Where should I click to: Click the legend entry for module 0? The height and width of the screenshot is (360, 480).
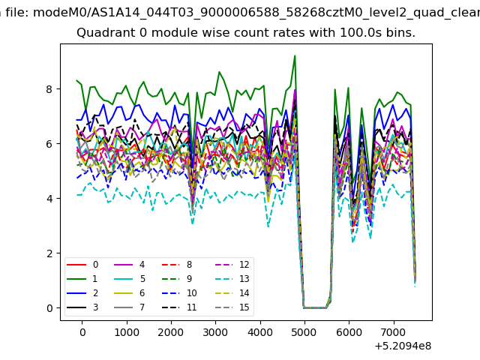[x=82, y=265]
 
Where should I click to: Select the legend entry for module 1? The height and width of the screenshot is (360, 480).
[x=82, y=278]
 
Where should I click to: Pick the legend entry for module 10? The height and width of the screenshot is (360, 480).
[x=179, y=293]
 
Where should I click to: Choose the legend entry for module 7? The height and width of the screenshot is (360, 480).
[x=129, y=307]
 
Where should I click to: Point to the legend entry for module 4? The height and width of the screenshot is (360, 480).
[x=129, y=265]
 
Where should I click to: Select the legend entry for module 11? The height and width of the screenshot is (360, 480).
[x=179, y=307]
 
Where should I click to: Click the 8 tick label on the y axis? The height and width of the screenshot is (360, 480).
[x=49, y=89]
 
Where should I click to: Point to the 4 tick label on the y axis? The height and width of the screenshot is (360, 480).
[x=49, y=199]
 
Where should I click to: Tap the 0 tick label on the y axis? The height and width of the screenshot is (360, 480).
[x=49, y=308]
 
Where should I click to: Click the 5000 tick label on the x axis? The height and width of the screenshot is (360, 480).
[x=304, y=332]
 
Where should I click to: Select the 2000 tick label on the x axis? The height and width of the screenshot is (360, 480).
[x=171, y=332]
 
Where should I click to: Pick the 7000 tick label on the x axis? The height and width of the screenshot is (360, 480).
[x=393, y=332]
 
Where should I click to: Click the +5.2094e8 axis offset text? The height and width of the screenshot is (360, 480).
[x=403, y=346]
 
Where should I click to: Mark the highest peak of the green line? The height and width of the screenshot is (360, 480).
[x=295, y=55]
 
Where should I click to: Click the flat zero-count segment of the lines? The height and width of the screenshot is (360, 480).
[x=315, y=307]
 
